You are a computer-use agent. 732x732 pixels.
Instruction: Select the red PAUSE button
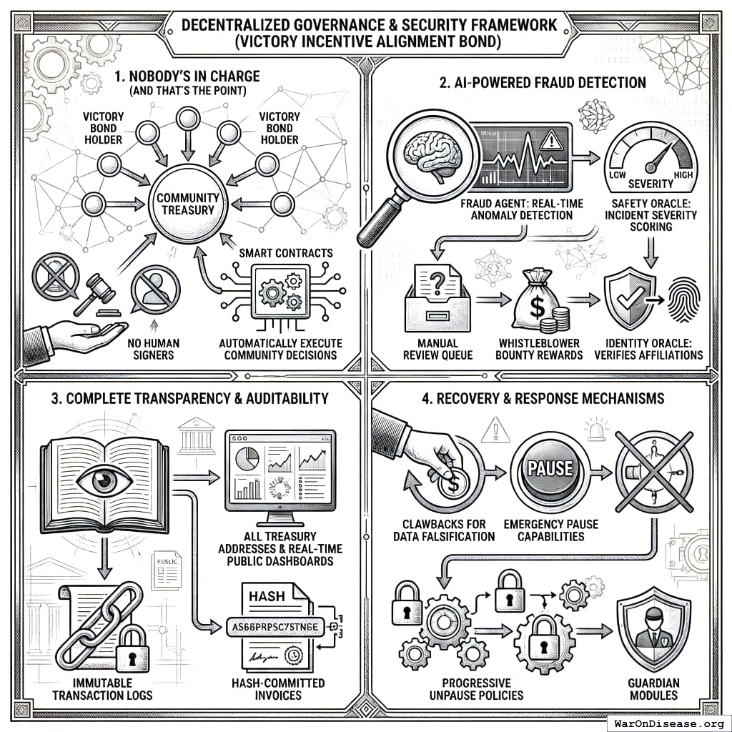pyautogui.click(x=550, y=469)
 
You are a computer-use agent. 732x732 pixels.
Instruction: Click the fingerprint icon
pyautogui.click(x=682, y=300)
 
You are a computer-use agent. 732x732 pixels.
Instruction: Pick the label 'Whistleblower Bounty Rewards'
pyautogui.click(x=540, y=349)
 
